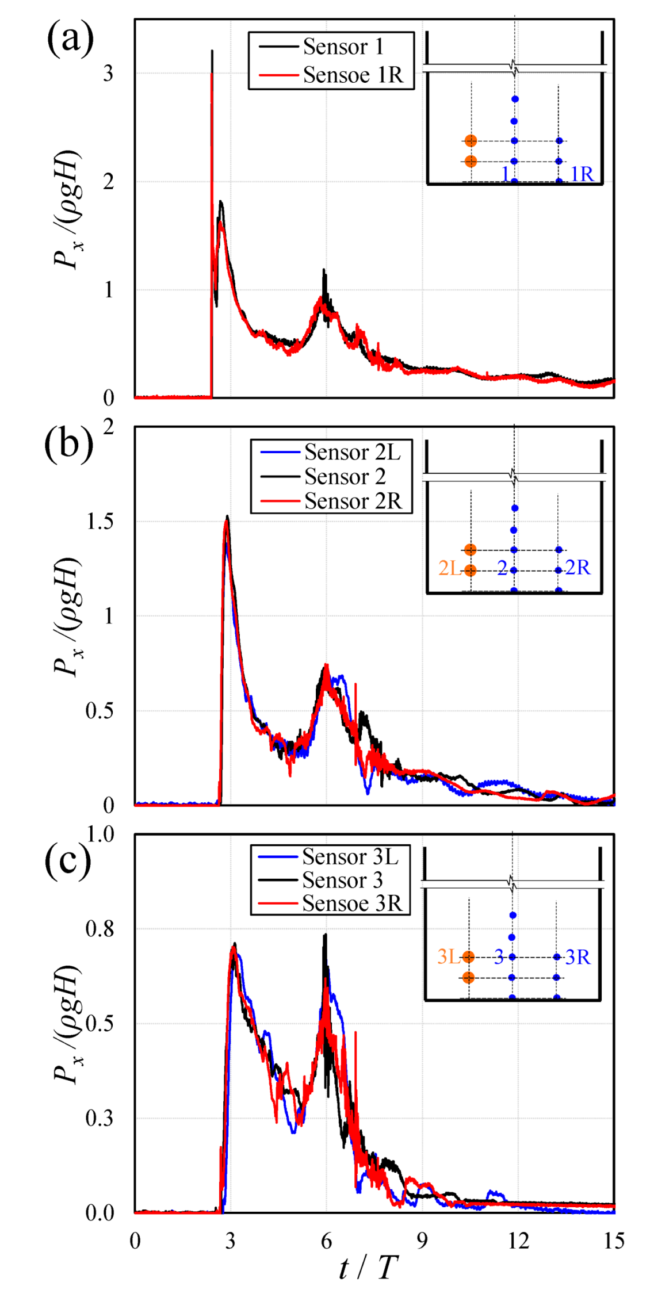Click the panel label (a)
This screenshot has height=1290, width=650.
tap(70, 39)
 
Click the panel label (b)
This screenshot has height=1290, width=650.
tap(68, 445)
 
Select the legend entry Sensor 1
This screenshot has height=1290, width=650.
tap(343, 47)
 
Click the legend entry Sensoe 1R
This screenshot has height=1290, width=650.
tap(353, 75)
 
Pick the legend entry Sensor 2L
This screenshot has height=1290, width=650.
tap(352, 452)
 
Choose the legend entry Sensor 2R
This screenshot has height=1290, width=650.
tap(352, 501)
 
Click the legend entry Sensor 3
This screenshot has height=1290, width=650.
tap(342, 880)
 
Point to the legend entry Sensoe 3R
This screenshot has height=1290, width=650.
tap(351, 904)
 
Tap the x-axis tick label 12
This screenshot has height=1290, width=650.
tap(518, 1241)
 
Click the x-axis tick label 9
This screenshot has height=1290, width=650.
tap(422, 1241)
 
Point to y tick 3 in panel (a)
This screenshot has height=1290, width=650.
tap(108, 74)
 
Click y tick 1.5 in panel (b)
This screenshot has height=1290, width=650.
tap(100, 522)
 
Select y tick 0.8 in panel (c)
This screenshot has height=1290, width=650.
tap(100, 928)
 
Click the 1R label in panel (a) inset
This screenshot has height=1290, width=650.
tap(582, 174)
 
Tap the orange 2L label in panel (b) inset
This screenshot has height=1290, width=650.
tap(449, 568)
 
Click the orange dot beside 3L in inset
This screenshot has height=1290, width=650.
tap(468, 957)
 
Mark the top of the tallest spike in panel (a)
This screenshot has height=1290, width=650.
tap(212, 51)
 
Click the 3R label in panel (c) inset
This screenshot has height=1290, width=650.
tap(578, 957)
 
